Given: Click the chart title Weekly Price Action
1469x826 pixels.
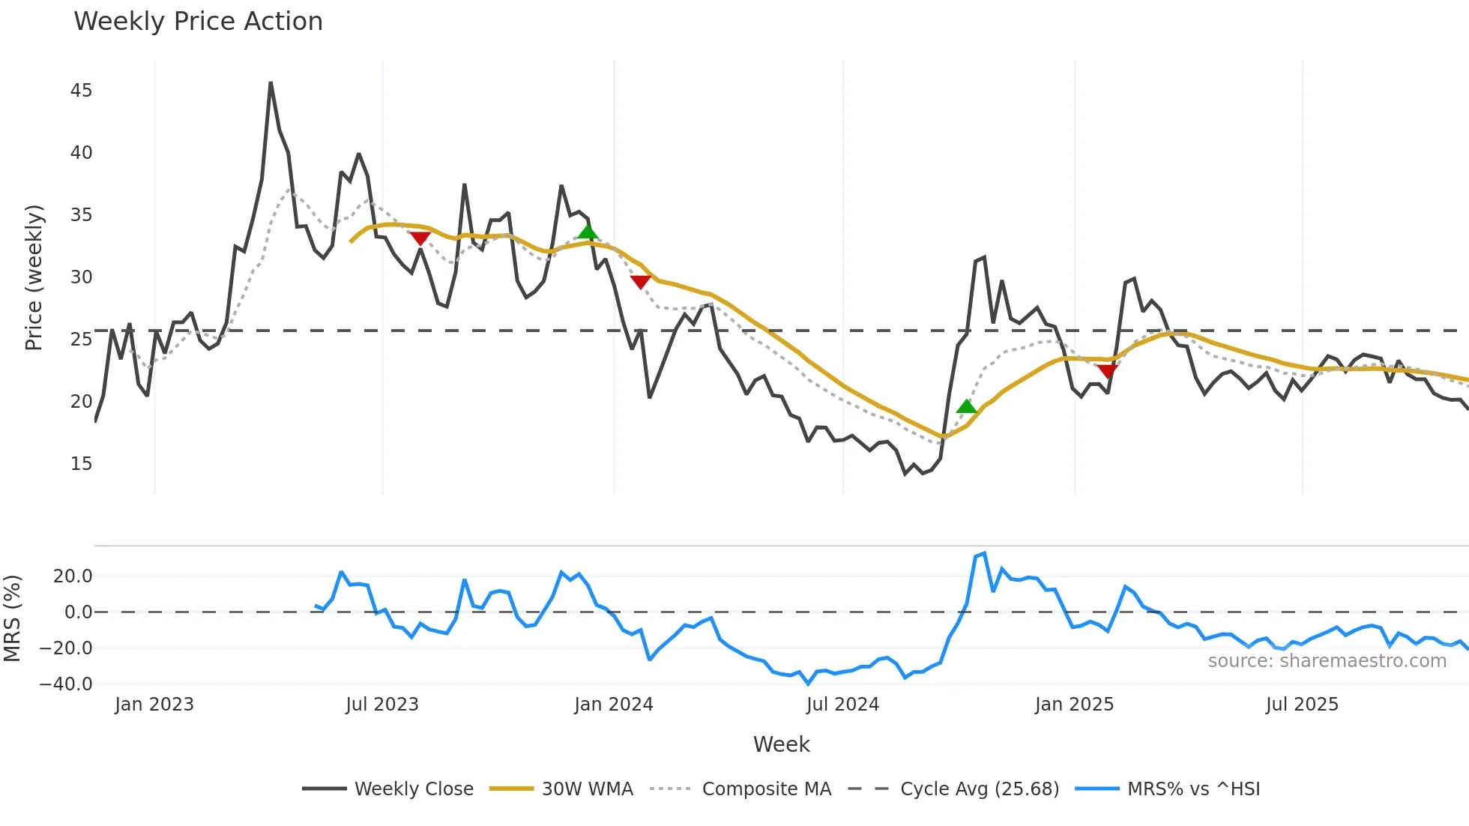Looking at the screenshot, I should tap(198, 22).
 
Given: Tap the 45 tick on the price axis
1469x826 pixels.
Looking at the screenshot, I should tap(81, 91).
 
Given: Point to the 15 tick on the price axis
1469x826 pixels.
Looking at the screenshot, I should tap(81, 464).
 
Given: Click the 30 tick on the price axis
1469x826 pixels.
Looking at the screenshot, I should tap(81, 277).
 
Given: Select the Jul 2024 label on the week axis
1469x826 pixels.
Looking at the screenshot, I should tap(842, 705).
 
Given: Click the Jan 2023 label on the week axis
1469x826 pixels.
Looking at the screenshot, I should tap(154, 705).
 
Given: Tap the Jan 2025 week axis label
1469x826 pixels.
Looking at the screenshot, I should tap(1074, 705).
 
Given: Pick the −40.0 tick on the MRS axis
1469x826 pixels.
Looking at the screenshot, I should tap(66, 684).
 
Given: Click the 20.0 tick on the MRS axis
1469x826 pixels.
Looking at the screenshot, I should tap(73, 576).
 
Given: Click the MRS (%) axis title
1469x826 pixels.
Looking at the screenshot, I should tap(12, 618).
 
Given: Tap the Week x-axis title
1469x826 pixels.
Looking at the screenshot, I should tap(781, 744).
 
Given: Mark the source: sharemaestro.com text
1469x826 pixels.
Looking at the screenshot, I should tap(1327, 661).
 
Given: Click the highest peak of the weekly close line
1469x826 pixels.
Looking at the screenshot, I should tap(271, 83).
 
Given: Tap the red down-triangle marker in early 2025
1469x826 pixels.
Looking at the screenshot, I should tap(1107, 370).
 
